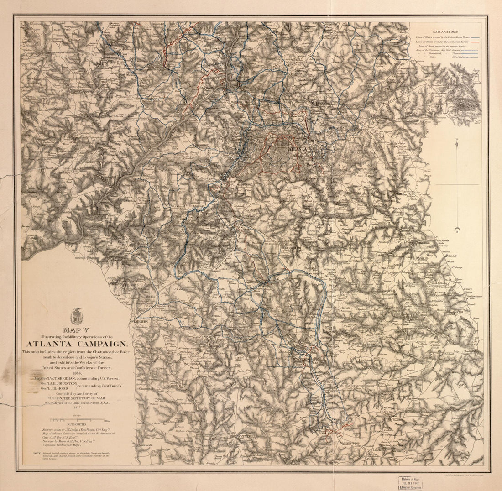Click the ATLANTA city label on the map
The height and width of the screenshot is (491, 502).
pyautogui.click(x=297, y=149)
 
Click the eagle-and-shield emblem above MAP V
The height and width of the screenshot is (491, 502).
pyautogui.click(x=77, y=316)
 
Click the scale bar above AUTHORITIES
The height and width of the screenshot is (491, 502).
pyautogui.click(x=76, y=420)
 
